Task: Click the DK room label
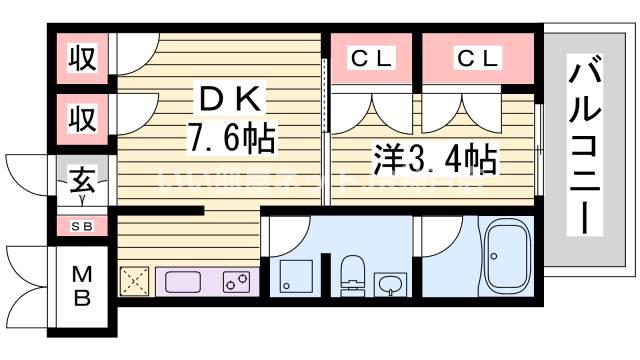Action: pyautogui.click(x=232, y=99)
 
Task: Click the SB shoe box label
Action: pyautogui.click(x=81, y=226)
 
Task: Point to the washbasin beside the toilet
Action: pyautogui.click(x=388, y=283)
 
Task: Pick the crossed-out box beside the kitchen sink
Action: pyautogui.click(x=134, y=281)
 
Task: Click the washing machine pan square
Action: pyautogui.click(x=295, y=275)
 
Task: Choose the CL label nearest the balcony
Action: pyautogui.click(x=477, y=58)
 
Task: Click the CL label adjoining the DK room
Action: pyautogui.click(x=372, y=58)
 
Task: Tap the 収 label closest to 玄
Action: pyautogui.click(x=82, y=118)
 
